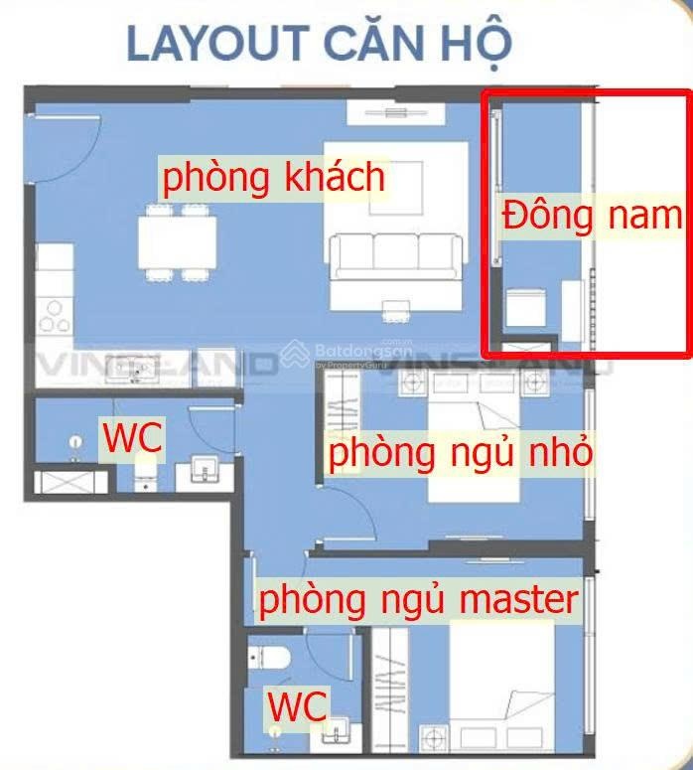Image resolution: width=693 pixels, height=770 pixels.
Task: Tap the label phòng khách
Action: click(x=273, y=178)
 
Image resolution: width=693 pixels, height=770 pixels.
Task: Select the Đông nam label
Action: click(x=593, y=216)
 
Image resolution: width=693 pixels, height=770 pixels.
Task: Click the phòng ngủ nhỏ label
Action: click(x=461, y=453)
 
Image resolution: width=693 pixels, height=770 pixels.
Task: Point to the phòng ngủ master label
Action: click(x=418, y=599)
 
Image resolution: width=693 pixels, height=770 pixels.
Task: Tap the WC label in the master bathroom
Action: click(x=298, y=706)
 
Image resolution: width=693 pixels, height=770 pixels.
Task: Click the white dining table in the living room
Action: click(x=178, y=239)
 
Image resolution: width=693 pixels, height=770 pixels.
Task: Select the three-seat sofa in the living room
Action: click(x=396, y=255)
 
